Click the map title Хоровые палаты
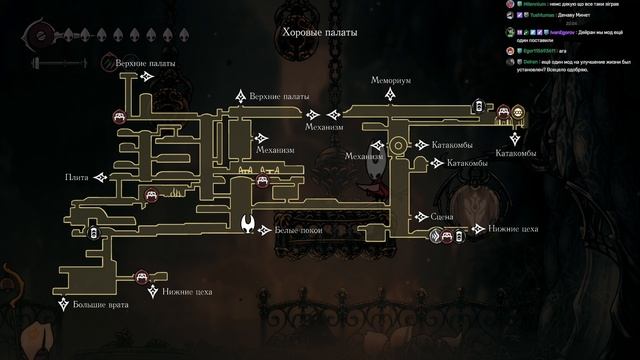(319, 32)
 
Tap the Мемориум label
(391, 79)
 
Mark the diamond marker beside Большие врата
(64, 302)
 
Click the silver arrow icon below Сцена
(436, 236)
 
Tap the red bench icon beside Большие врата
(142, 274)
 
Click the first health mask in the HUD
(86, 35)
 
